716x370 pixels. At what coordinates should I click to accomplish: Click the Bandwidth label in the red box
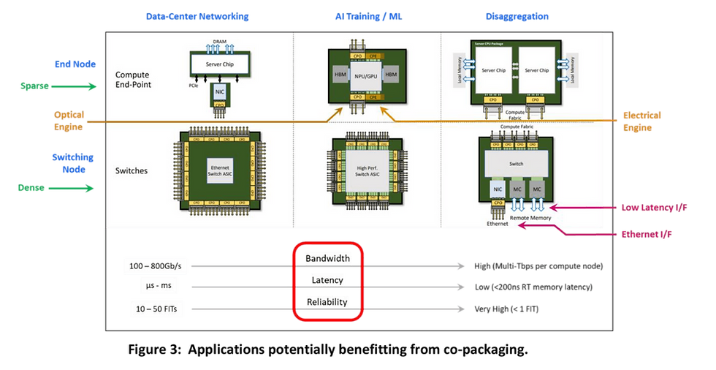[328, 258]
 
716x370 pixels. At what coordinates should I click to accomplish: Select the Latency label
[328, 280]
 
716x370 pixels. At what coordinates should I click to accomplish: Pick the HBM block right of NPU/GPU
[389, 76]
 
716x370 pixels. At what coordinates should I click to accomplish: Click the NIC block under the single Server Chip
[219, 92]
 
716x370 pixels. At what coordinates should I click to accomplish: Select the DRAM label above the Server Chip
[219, 41]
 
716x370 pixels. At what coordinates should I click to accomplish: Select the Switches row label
[132, 170]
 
